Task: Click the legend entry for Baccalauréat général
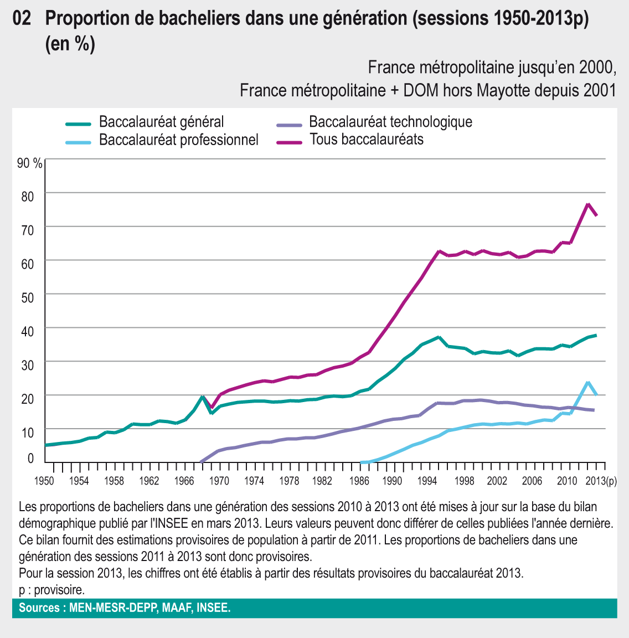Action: (161, 122)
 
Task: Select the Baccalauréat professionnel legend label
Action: (178, 140)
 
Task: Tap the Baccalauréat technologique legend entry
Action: (390, 122)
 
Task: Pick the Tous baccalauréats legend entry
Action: (366, 140)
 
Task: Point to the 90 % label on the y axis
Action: (30, 163)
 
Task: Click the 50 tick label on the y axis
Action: (28, 297)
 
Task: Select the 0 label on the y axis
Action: (30, 459)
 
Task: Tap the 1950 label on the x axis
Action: (44, 481)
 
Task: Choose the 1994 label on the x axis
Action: (428, 481)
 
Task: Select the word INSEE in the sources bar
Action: (213, 608)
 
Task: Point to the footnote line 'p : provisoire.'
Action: (51, 589)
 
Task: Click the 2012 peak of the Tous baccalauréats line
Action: (587, 204)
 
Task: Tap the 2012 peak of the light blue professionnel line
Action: (587, 382)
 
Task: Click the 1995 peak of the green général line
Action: (439, 337)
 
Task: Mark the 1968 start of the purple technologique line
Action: (201, 461)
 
